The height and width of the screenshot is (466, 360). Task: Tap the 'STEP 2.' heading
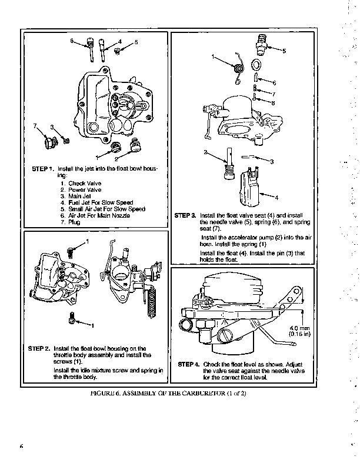pyautogui.click(x=39, y=348)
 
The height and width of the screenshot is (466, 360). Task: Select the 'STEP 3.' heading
pyautogui.click(x=186, y=216)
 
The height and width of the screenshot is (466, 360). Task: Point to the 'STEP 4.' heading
pyautogui.click(x=189, y=365)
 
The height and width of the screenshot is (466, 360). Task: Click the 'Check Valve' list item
pyautogui.click(x=84, y=184)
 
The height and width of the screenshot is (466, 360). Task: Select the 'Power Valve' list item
pyautogui.click(x=85, y=190)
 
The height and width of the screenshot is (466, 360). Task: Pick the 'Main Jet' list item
pyautogui.click(x=81, y=196)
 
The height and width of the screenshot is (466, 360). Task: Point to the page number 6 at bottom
pyautogui.click(x=21, y=446)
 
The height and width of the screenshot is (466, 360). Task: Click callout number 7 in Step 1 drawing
pyautogui.click(x=35, y=126)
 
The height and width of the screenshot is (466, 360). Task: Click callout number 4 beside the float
pyautogui.click(x=276, y=196)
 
